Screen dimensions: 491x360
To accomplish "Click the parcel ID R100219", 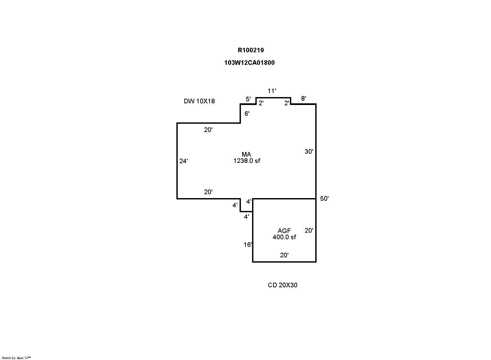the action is click(251, 50).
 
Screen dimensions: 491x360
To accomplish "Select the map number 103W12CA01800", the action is click(249, 63).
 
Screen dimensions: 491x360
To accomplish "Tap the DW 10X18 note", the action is click(199, 101).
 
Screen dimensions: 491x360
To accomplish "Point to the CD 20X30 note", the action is click(283, 285).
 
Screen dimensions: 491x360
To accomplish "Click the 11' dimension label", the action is click(272, 91).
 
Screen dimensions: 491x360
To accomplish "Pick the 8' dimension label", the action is click(304, 98).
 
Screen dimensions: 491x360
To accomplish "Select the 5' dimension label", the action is click(248, 99).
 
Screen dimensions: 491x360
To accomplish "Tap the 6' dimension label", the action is click(247, 114).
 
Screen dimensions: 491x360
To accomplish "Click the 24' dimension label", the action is click(184, 161).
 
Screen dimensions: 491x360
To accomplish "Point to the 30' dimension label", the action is click(309, 151).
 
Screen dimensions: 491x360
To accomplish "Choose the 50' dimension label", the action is click(324, 199).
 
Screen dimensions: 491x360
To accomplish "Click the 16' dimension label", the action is click(248, 245).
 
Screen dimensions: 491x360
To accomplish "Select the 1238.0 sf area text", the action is click(247, 161).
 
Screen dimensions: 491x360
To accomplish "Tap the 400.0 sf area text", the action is click(284, 237).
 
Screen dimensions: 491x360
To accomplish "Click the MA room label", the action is click(246, 154).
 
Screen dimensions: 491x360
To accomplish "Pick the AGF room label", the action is click(284, 231).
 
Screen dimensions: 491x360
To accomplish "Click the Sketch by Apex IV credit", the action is click(16, 358).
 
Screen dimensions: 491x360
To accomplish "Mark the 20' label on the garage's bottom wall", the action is click(284, 255).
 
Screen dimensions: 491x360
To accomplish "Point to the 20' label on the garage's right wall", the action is click(309, 230).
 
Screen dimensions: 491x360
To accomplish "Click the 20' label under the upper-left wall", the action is click(208, 130).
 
